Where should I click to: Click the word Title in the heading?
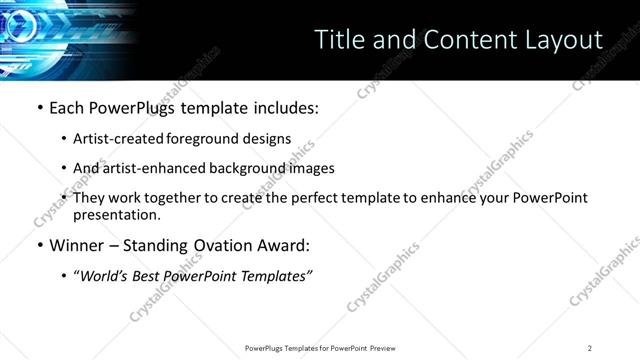(x=339, y=40)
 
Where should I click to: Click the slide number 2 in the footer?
(x=590, y=347)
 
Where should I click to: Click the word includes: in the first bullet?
(x=283, y=107)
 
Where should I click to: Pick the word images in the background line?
(x=310, y=168)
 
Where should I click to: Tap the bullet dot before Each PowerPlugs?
(x=39, y=107)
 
